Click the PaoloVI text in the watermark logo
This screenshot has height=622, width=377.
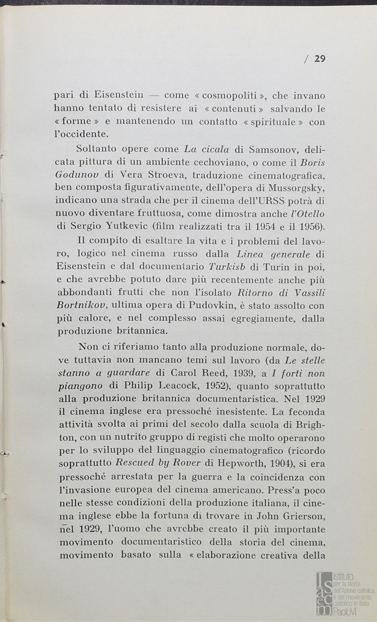[347, 610]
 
